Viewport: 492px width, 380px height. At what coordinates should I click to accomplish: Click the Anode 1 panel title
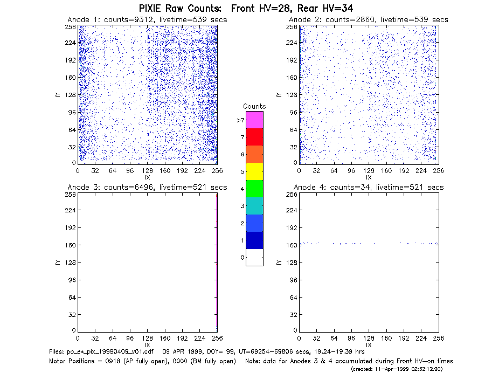click(147, 20)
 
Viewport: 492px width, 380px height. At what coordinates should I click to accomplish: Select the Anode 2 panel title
click(369, 20)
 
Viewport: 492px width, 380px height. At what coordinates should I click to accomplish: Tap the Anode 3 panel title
click(147, 188)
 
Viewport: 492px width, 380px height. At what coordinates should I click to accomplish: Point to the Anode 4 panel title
click(369, 188)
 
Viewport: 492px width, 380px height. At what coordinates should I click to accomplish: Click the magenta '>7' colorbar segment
click(254, 120)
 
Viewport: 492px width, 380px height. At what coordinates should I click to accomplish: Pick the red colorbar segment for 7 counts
click(254, 137)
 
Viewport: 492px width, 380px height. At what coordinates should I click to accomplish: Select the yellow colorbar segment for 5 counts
click(254, 171)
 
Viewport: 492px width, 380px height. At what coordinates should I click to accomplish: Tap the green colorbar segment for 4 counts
click(254, 189)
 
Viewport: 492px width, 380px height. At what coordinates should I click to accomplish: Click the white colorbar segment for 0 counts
click(254, 257)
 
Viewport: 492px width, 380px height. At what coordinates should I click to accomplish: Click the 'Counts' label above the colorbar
click(254, 106)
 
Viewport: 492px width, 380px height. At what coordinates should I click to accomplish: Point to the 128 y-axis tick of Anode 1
click(71, 95)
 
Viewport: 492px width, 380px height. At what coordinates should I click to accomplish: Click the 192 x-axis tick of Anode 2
click(404, 171)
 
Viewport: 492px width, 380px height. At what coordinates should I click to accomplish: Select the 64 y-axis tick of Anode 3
click(72, 297)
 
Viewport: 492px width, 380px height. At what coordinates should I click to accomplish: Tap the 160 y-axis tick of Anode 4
click(292, 245)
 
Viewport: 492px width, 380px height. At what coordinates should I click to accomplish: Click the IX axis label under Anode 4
click(369, 345)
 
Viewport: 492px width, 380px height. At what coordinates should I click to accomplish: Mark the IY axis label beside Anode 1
click(58, 95)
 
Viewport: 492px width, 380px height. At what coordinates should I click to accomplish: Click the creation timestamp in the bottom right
click(397, 369)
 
